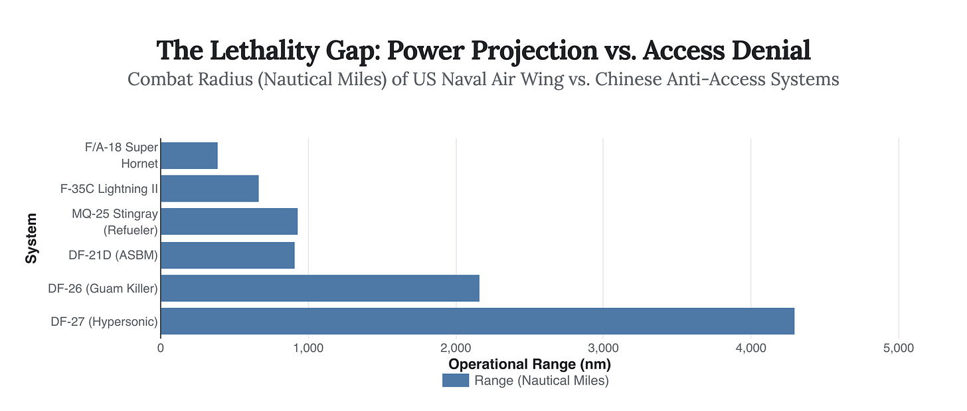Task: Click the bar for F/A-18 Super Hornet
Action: [189, 155]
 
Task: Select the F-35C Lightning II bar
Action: [210, 188]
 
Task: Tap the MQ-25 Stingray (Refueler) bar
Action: [229, 221]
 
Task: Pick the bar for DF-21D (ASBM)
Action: [228, 255]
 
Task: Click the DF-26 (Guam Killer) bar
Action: [320, 288]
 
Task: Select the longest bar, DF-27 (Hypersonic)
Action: [478, 321]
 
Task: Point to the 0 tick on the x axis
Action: [161, 348]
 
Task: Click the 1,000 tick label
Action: [308, 348]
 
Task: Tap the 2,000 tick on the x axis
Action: [456, 348]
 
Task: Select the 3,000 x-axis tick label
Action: [603, 348]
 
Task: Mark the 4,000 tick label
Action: [750, 348]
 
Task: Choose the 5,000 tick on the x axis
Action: [898, 348]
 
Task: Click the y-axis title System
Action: [31, 238]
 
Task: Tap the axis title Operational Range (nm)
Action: [529, 364]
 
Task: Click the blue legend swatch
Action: [456, 380]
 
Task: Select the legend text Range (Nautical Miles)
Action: [541, 380]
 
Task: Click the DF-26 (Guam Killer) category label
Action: [103, 288]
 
